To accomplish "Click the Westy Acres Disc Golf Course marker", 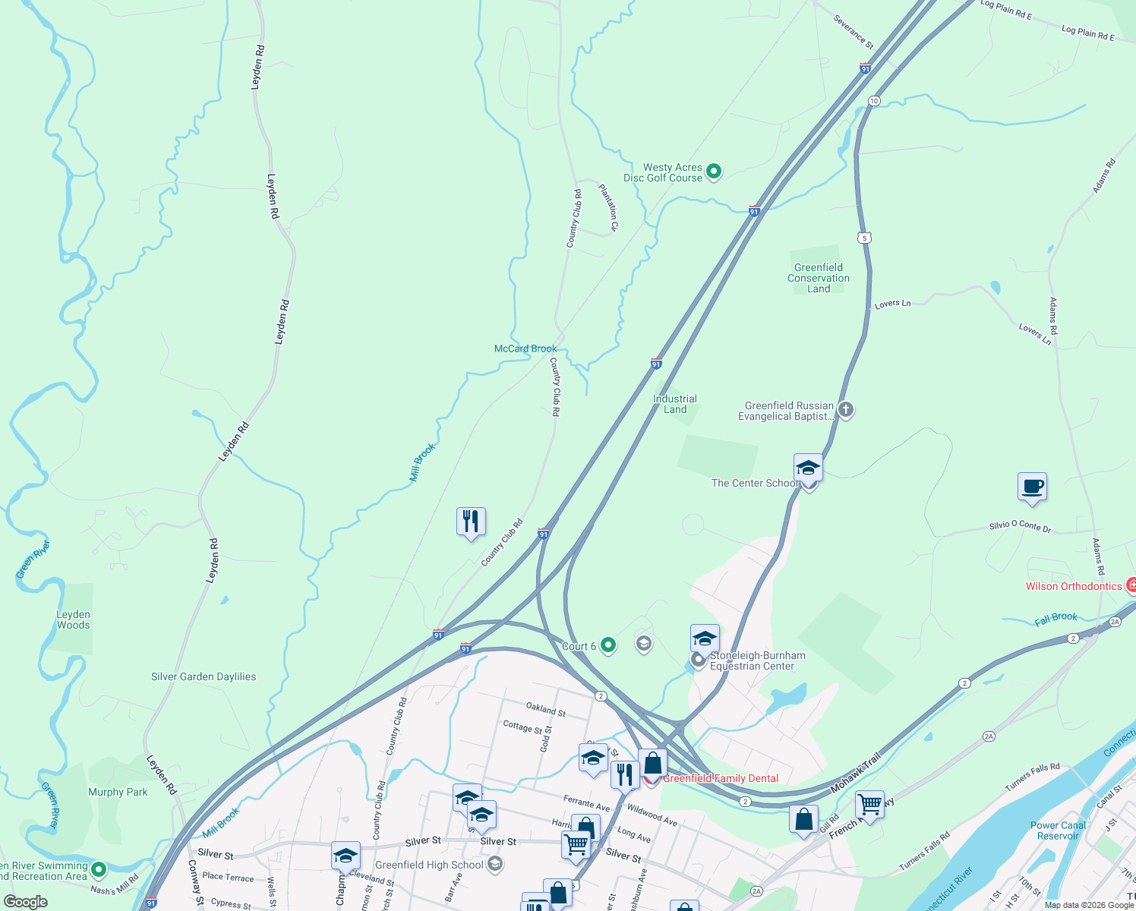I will [713, 172].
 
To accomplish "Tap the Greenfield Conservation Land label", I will [819, 278].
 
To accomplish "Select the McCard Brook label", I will [525, 348].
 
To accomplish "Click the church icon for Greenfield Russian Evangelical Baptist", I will [846, 410].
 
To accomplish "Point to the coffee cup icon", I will [1032, 487].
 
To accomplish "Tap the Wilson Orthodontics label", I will [1073, 586].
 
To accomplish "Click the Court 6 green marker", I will [607, 645].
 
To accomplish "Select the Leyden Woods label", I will [74, 619].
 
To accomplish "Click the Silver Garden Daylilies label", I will [204, 676].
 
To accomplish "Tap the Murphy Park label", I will [118, 792].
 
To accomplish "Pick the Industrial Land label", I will [675, 404].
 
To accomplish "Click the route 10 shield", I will [874, 101].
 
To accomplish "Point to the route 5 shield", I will [864, 238].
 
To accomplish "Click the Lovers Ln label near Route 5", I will [892, 304].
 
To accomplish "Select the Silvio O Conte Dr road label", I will [1020, 525].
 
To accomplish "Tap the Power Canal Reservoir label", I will [1058, 831].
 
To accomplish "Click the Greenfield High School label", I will [429, 865].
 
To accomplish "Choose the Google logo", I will [26, 902].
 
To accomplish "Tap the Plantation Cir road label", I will [609, 206].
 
